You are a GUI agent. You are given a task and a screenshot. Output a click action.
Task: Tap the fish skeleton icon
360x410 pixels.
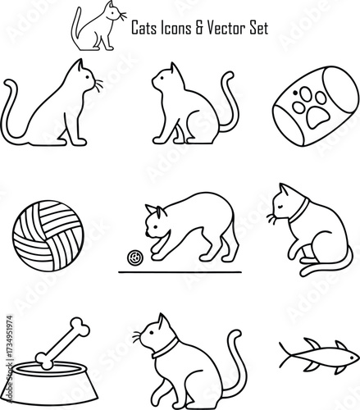pos(317,353)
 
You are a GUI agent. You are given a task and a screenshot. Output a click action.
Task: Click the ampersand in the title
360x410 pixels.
pos(203,28)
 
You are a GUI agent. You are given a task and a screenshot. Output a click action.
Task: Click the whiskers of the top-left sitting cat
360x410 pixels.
pos(98,84)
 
